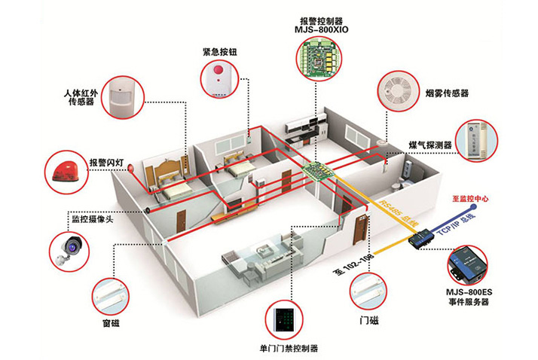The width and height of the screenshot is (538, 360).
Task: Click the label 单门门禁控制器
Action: [283, 349]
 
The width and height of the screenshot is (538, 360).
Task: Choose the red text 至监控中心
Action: [470, 199]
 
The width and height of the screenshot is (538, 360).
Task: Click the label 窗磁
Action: [110, 324]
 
